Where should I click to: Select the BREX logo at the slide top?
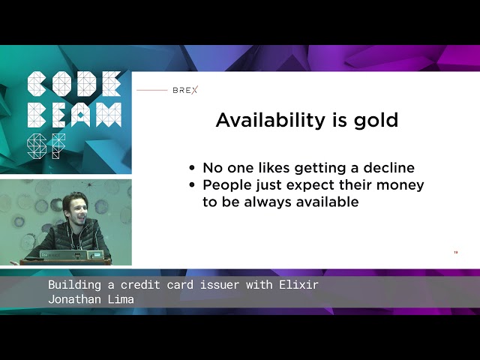point(185,90)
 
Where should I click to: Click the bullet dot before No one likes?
point(193,169)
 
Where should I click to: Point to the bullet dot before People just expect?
point(193,185)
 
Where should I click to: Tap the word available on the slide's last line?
point(325,202)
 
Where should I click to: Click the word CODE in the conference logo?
point(73,83)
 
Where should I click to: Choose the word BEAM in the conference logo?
point(73,114)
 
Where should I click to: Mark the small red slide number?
point(455,252)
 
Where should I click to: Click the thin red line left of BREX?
point(152,90)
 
